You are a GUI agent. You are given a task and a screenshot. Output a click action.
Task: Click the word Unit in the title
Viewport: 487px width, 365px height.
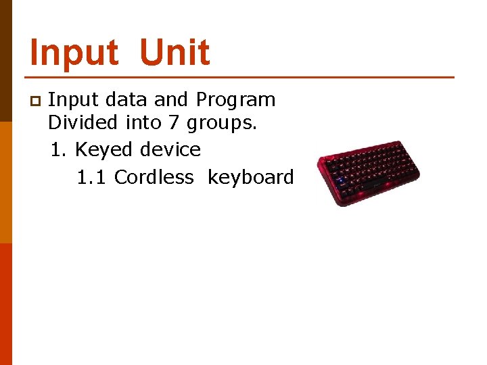(175, 53)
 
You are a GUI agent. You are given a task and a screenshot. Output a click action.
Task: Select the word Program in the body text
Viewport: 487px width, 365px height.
(235, 100)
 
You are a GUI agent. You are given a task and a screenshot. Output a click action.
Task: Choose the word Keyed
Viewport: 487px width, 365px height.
(103, 149)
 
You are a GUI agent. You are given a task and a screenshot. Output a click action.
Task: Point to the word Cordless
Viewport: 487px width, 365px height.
(154, 177)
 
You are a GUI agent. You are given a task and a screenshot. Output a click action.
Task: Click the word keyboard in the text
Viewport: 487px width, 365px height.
(250, 177)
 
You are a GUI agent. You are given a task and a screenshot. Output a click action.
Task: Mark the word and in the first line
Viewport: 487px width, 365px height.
(171, 100)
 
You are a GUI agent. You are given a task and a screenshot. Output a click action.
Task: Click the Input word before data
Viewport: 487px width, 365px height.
(73, 100)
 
